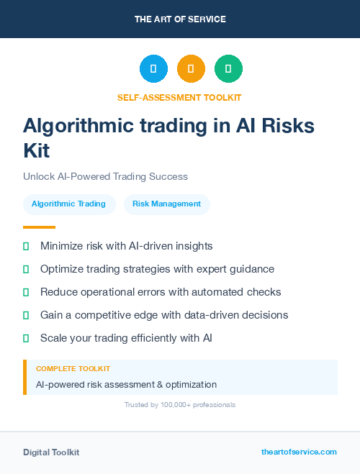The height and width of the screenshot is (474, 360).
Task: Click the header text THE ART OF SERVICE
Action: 180,19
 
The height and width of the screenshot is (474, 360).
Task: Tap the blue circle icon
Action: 153,69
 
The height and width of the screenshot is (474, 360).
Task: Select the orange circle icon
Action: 191,69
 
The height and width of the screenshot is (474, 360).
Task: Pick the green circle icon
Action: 228,69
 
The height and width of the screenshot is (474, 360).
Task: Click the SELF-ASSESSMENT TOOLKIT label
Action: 179,97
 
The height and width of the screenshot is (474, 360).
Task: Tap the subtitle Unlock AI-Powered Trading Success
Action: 105,176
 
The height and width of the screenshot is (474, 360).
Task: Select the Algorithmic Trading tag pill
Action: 68,204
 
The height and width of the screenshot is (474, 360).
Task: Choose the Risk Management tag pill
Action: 166,204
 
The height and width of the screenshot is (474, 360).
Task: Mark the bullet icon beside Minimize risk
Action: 26,246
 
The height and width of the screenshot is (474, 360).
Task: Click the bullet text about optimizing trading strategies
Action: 157,269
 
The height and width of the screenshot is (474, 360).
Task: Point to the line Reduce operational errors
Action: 161,292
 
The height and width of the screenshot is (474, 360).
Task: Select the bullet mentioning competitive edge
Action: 164,315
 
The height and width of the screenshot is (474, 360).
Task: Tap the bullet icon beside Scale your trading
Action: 26,338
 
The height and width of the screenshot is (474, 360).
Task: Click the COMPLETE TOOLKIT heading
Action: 73,368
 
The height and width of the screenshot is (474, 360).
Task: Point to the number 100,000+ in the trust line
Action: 175,405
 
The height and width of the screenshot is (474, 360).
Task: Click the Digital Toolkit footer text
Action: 51,452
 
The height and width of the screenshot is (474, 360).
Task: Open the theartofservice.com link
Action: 299,452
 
